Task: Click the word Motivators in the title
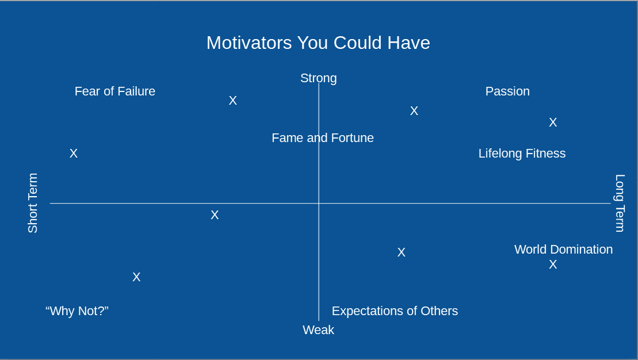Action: click(249, 43)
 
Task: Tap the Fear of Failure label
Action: click(114, 91)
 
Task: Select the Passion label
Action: click(507, 91)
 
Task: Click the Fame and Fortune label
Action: click(323, 138)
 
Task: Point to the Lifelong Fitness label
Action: click(522, 154)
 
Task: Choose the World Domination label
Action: click(564, 250)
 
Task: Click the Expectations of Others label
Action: click(395, 311)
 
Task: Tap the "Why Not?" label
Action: click(77, 311)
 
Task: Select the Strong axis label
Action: click(319, 78)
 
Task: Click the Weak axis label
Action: click(318, 330)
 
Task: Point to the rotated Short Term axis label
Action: click(33, 203)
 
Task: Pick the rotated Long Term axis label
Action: click(619, 203)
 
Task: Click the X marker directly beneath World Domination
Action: click(552, 265)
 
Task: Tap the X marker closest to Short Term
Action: click(73, 154)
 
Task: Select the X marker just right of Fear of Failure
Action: click(232, 101)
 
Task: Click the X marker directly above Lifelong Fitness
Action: click(552, 122)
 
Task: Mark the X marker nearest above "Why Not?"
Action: click(136, 277)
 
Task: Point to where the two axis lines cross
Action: click(319, 203)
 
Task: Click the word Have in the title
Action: click(408, 43)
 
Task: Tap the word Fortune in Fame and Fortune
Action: click(352, 138)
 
